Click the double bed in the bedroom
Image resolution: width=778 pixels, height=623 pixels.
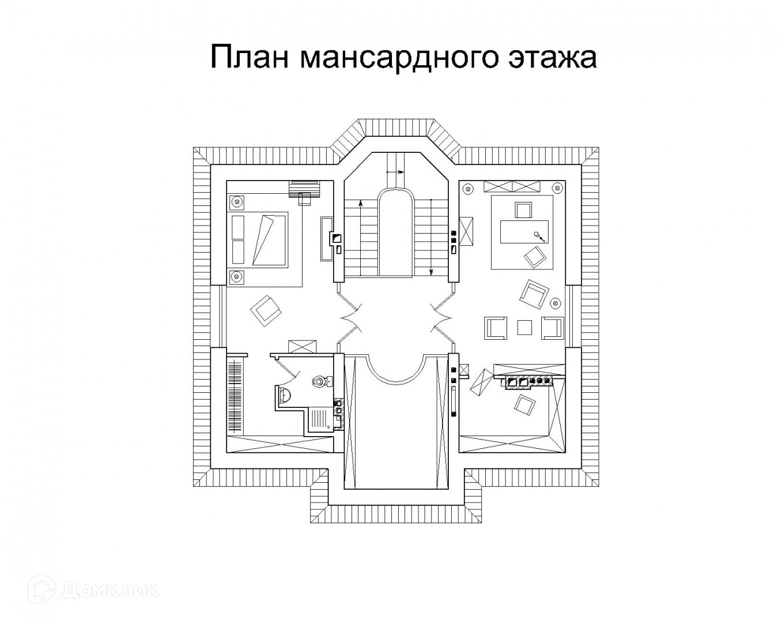(259, 239)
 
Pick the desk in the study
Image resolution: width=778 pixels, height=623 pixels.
(524, 232)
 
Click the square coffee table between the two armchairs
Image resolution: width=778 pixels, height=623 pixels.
(524, 327)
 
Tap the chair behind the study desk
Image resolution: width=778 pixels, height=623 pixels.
(523, 210)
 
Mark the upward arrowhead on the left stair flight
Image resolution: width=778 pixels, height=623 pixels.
(361, 203)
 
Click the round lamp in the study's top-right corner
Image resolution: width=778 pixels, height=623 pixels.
(557, 186)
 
